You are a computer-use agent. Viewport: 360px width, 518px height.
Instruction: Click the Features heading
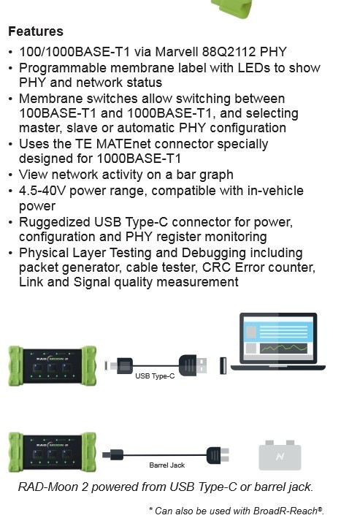[x=36, y=31]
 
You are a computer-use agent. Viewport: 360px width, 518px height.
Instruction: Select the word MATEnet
[x=123, y=144]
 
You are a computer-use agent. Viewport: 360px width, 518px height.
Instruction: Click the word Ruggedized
[x=55, y=222]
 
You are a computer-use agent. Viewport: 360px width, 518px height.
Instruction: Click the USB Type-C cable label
[x=155, y=376]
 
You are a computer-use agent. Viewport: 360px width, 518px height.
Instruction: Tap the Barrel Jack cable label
[x=166, y=465]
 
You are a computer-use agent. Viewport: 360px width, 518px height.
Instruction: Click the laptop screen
[x=277, y=338]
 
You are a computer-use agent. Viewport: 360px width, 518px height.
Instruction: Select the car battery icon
[x=280, y=455]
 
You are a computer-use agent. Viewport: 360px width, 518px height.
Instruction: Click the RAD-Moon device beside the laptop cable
[x=53, y=366]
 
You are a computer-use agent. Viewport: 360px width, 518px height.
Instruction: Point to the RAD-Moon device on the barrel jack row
[x=53, y=452]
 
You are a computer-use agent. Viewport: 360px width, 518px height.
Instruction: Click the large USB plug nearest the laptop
[x=193, y=366]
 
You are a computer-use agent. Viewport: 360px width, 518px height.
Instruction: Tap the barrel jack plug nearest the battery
[x=218, y=455]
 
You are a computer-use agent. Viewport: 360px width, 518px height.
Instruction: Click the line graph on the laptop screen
[x=284, y=348]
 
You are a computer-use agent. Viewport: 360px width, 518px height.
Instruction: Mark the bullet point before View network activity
[x=11, y=175]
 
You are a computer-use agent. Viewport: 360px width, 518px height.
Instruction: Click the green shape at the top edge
[x=232, y=9]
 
